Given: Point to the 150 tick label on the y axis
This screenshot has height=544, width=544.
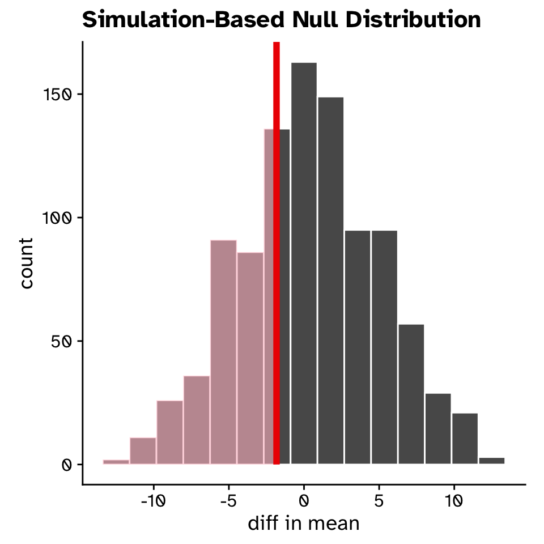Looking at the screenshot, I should click(58, 94).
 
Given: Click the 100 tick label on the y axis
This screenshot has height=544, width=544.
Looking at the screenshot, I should click(58, 218).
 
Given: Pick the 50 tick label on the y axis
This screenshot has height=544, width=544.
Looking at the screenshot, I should click(62, 341).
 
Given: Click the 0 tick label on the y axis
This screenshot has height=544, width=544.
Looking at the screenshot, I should click(66, 465).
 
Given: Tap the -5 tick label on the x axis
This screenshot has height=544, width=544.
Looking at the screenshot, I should click(228, 501).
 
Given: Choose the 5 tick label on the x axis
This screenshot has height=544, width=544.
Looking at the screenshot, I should click(379, 501).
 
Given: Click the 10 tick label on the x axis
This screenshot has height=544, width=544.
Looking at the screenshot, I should click(454, 501).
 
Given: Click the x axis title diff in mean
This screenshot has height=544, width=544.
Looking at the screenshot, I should click(304, 523).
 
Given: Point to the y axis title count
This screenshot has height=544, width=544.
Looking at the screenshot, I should click(26, 263).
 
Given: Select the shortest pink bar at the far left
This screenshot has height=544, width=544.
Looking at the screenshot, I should click(116, 462).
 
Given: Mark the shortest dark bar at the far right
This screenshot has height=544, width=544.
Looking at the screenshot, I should click(491, 461).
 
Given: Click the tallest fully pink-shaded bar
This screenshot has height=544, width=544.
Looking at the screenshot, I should click(223, 351).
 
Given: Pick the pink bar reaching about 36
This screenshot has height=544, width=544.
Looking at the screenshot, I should click(197, 420).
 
